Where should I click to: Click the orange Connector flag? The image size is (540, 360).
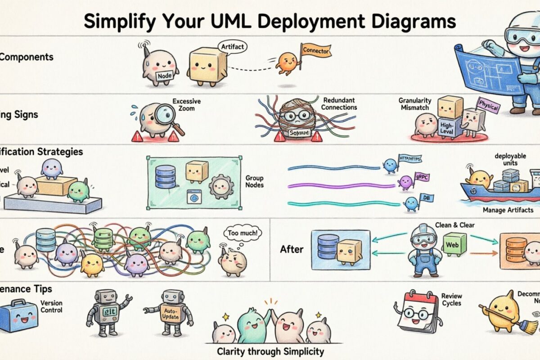coord(315,51)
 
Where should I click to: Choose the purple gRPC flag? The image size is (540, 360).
coord(422,177)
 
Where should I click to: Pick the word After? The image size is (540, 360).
coord(292,249)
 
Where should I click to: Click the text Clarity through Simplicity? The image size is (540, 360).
coord(270,351)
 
